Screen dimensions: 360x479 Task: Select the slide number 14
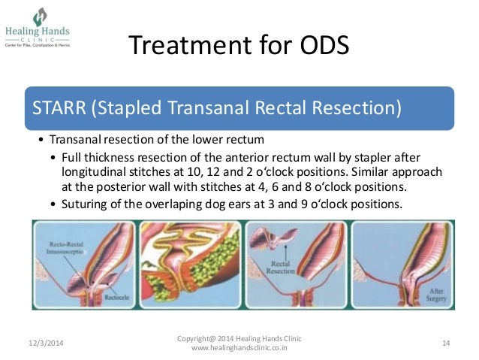pos(446,343)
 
